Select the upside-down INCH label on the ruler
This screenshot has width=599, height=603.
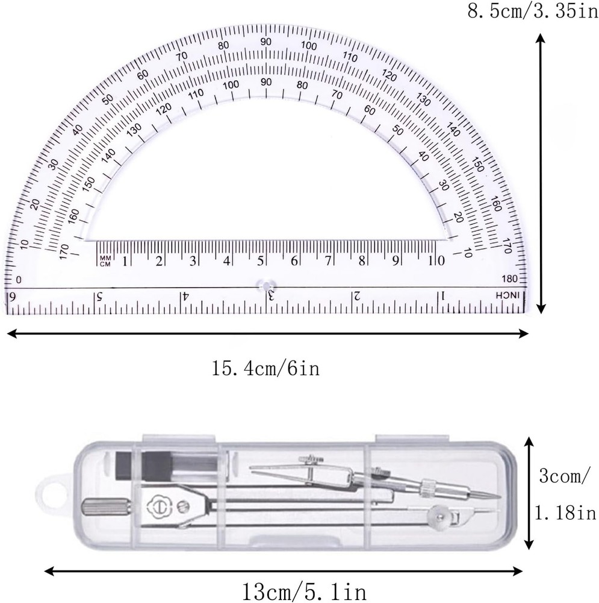[510, 295]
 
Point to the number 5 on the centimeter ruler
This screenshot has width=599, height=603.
[261, 262]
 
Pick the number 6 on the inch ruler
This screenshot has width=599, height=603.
[10, 297]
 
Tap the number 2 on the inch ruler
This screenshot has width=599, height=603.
[356, 296]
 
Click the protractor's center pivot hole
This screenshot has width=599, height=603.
[265, 283]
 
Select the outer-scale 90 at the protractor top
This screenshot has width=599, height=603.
[265, 42]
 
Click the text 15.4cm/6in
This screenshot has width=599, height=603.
[265, 367]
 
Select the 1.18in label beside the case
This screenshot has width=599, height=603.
[565, 513]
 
